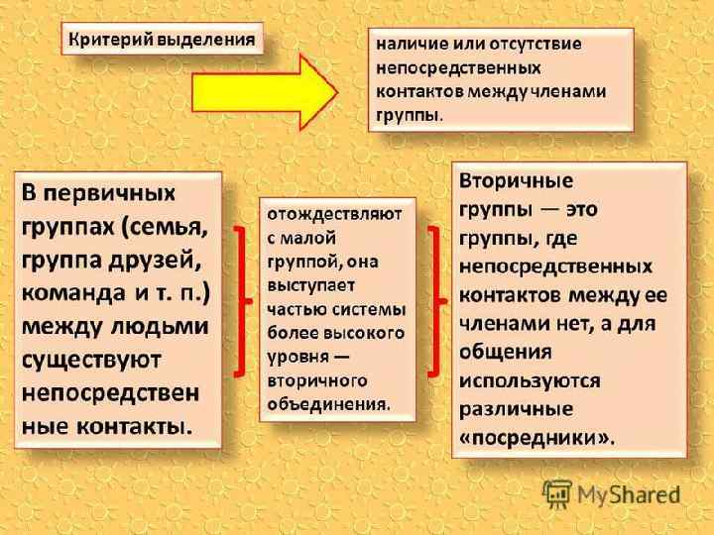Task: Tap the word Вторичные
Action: pyautogui.click(x=516, y=183)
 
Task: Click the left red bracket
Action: pyautogui.click(x=240, y=300)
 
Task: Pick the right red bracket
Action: pyautogui.click(x=432, y=300)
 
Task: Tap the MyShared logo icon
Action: pyautogui.click(x=556, y=492)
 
